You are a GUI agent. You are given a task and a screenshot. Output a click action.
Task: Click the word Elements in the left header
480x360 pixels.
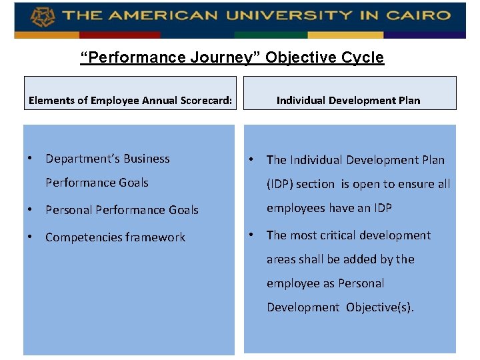[x=50, y=101]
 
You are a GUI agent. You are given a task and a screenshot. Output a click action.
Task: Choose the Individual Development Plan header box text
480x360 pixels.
[x=349, y=100]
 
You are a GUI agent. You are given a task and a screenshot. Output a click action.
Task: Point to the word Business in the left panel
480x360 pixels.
[x=145, y=159]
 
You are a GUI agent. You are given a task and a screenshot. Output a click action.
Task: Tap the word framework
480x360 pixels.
[x=153, y=237]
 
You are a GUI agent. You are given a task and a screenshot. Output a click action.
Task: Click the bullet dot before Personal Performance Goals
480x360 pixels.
[x=31, y=209]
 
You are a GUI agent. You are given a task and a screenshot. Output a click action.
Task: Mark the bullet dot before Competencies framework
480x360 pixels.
[x=31, y=237]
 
